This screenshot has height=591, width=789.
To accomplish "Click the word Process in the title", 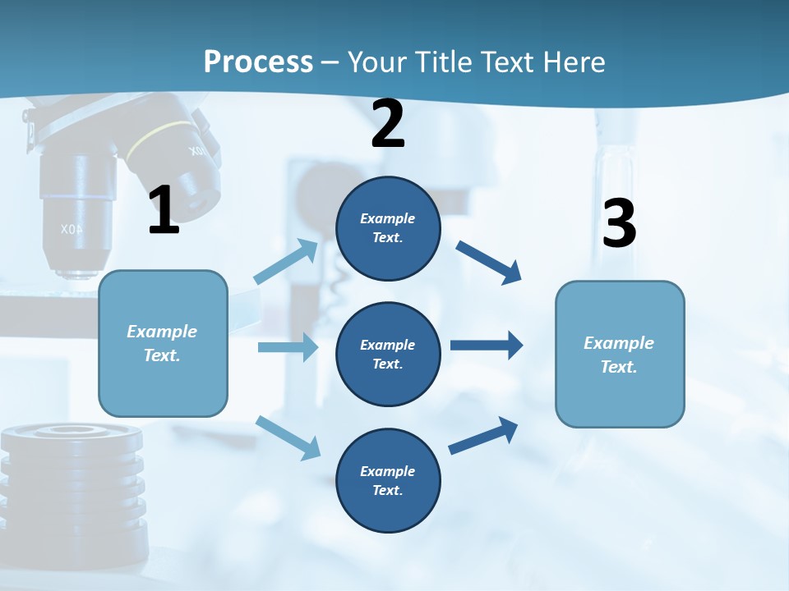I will pos(258,62).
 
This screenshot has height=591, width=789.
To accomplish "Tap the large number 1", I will pos(164,210).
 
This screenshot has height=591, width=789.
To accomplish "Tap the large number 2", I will pos(388,124).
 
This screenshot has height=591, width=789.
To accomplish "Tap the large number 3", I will pos(619,223).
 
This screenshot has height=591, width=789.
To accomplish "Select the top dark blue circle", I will pos(388,228).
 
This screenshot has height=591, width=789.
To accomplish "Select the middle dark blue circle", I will pos(388,354).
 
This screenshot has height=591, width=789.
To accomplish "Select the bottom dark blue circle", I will pos(388,480).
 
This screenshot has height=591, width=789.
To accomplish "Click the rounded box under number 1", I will pos(163,343).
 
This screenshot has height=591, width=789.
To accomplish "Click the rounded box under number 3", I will pos(620,354).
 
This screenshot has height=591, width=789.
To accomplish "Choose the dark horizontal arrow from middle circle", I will pos(487,345).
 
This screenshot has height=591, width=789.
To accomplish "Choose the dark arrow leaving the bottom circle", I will pos(484,435).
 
